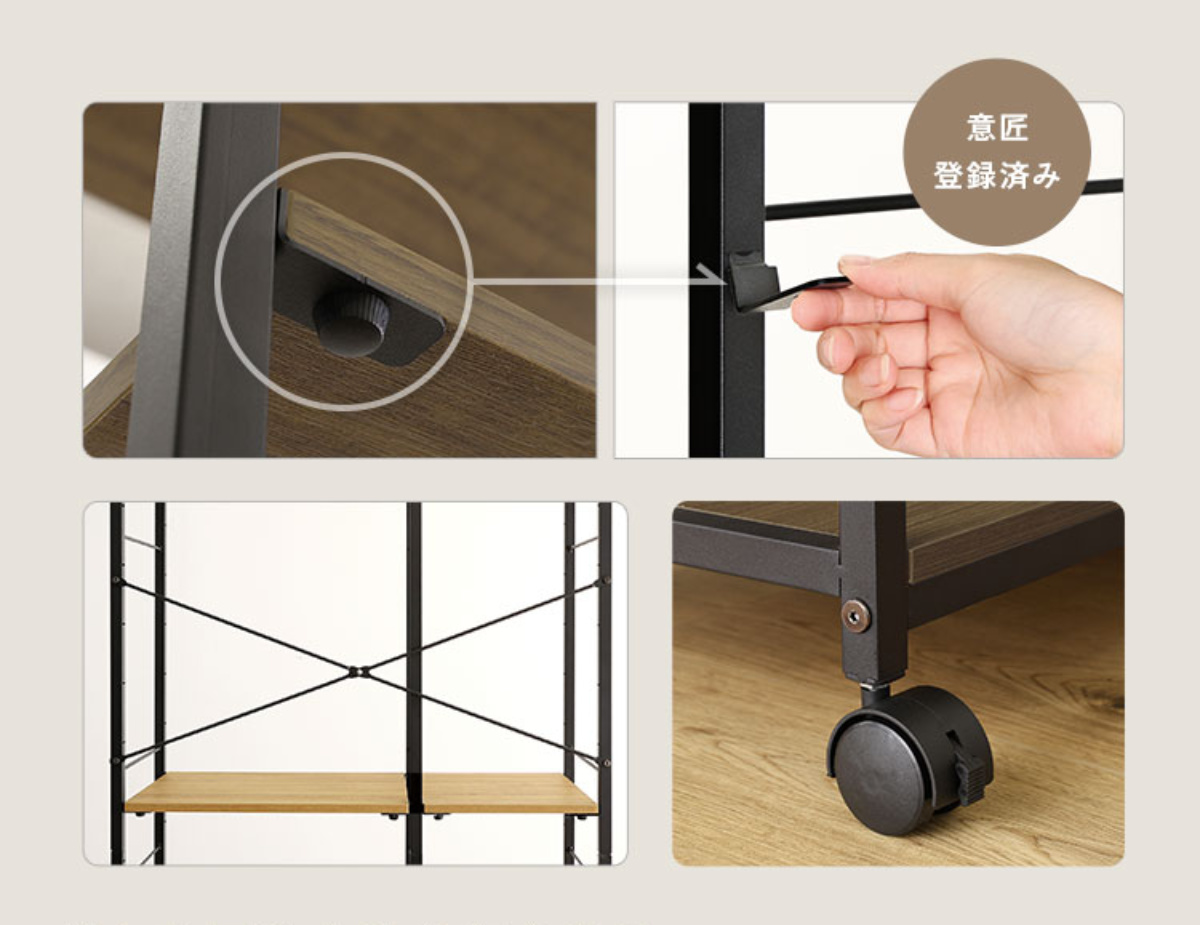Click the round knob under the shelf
click(352, 324)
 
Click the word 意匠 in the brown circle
click(997, 128)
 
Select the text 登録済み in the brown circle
click(997, 177)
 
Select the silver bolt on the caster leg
click(855, 615)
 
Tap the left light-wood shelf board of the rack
click(266, 792)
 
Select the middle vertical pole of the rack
click(414, 683)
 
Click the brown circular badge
click(997, 151)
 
